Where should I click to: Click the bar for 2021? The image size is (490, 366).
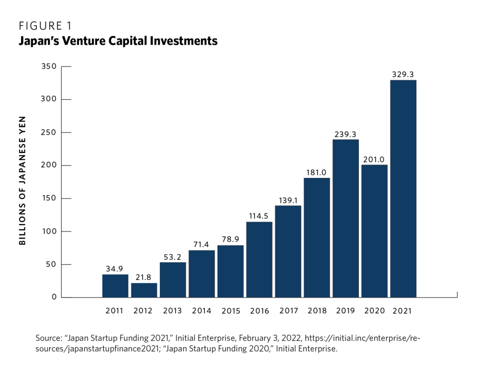pyautogui.click(x=403, y=189)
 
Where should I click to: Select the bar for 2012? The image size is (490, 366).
pyautogui.click(x=144, y=290)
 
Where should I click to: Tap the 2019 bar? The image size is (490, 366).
pyautogui.click(x=345, y=219)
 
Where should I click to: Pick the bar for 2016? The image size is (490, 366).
pyautogui.click(x=259, y=259)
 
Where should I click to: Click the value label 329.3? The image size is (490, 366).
pyautogui.click(x=403, y=74)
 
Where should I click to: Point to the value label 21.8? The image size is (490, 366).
pyautogui.click(x=143, y=277)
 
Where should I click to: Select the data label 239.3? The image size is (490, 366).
pyautogui.click(x=345, y=134)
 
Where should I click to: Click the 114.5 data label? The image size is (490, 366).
pyautogui.click(x=258, y=216)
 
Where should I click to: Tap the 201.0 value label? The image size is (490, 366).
pyautogui.click(x=374, y=159)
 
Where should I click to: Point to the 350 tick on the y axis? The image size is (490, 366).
pyautogui.click(x=49, y=66)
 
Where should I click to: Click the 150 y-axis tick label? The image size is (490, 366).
pyautogui.click(x=49, y=198)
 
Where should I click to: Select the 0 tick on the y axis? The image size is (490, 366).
pyautogui.click(x=55, y=297)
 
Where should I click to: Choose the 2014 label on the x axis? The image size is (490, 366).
pyautogui.click(x=201, y=311)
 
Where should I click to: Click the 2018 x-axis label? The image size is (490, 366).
pyautogui.click(x=317, y=311)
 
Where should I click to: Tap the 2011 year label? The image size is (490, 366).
pyautogui.click(x=114, y=311)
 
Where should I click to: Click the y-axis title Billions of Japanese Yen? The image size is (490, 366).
pyautogui.click(x=22, y=181)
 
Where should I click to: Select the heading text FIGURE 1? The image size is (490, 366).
pyautogui.click(x=45, y=26)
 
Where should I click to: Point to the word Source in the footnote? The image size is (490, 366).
pyautogui.click(x=49, y=338)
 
